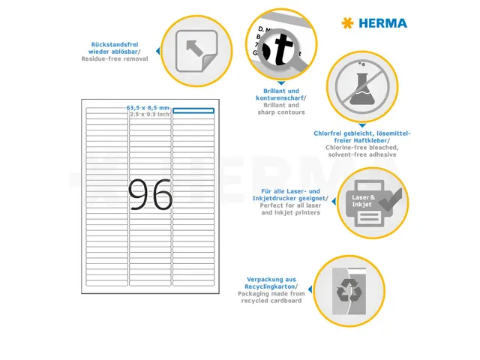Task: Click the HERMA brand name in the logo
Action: coord(382,23)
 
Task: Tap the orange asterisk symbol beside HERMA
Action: coord(346,23)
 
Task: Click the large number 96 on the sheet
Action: coord(150,196)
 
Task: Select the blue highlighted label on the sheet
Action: coord(193,111)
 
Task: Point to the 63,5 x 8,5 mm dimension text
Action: coord(148,108)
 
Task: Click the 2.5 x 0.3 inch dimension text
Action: coord(149,115)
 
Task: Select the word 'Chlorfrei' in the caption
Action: coord(327,133)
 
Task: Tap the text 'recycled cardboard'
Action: coord(271,300)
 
